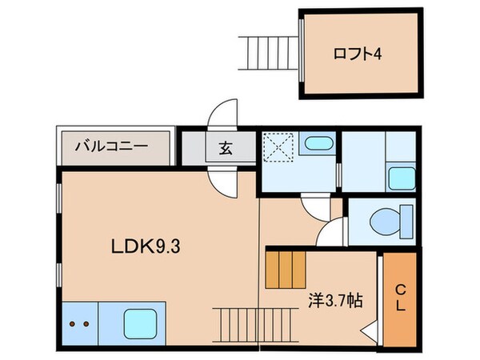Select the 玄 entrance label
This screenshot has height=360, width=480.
pyautogui.click(x=225, y=148)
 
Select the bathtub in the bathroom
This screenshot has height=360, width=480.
pyautogui.click(x=319, y=145)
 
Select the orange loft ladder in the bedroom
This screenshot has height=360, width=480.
pyautogui.click(x=286, y=270)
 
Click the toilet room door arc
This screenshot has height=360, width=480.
pyautogui.click(x=330, y=234)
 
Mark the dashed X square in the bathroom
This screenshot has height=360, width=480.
pyautogui.click(x=281, y=147)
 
